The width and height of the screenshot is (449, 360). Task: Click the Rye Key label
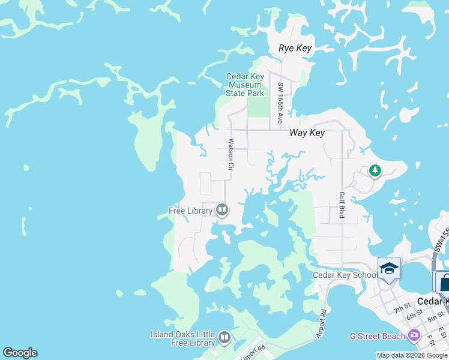click(x=295, y=48)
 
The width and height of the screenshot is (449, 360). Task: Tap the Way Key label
click(x=307, y=133)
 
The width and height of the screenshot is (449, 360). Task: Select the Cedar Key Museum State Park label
click(x=245, y=85)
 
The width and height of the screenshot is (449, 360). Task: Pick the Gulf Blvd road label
click(x=341, y=205)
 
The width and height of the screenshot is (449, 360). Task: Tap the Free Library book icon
click(x=222, y=210)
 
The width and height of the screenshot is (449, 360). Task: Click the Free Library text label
click(x=190, y=211)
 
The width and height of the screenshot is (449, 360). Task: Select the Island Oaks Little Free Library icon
click(x=224, y=338)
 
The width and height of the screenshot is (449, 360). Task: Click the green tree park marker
click(x=375, y=172)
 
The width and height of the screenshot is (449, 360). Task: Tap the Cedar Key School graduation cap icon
click(x=389, y=268)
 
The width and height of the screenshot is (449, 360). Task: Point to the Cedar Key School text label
click(x=345, y=275)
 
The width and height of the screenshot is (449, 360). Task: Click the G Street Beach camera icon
click(x=414, y=335)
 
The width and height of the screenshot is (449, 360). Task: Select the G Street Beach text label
click(x=378, y=336)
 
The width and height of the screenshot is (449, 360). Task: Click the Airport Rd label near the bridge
click(x=322, y=324)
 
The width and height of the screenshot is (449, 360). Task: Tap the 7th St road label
click(x=401, y=310)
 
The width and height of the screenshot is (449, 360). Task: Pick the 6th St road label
click(x=414, y=316)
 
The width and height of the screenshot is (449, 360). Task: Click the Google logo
click(x=20, y=353)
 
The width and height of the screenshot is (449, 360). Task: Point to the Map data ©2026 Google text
click(x=412, y=355)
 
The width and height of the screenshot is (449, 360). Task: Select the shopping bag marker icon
click(x=444, y=281)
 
